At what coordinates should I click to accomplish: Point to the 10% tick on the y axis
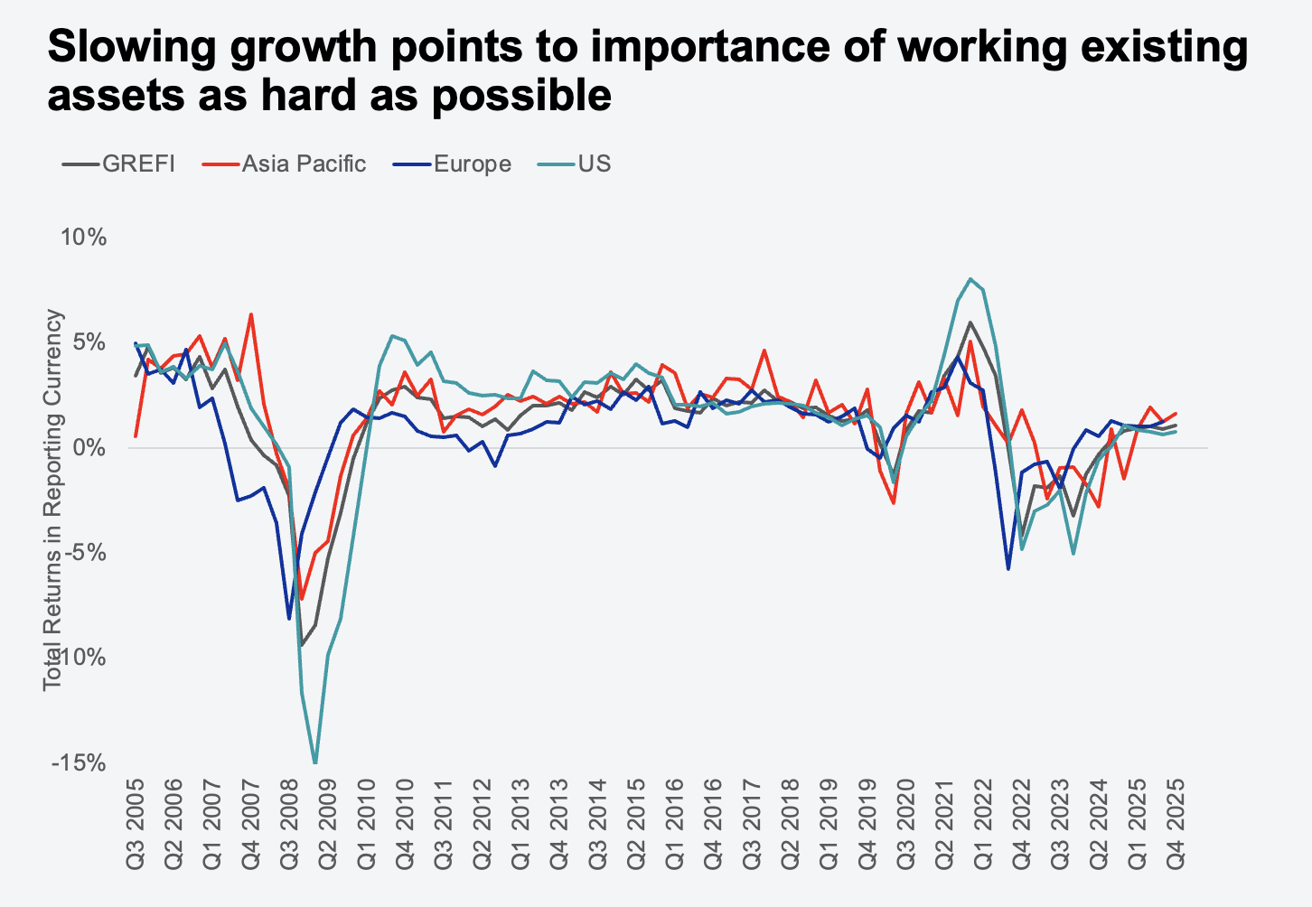coord(84,238)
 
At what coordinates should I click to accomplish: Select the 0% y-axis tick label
coord(89,448)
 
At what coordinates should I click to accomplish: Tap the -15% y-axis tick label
coord(80,763)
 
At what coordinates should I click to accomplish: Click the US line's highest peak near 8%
coord(970,279)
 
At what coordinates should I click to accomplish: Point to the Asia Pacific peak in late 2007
coord(251,314)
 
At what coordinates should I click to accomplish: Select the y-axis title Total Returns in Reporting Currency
coord(54,500)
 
